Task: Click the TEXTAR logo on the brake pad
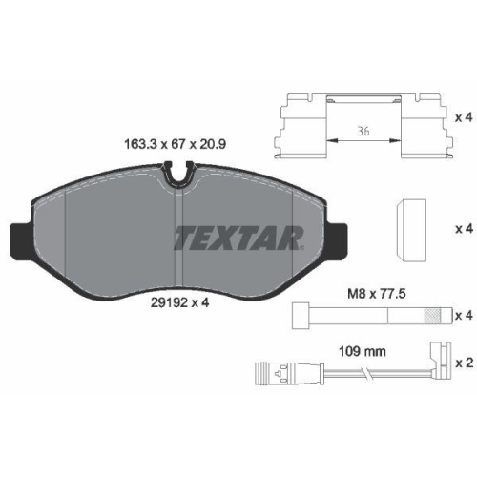pyautogui.click(x=239, y=238)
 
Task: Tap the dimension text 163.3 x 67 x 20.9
pyautogui.click(x=175, y=144)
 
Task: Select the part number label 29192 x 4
pyautogui.click(x=179, y=302)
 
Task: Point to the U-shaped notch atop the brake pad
pyautogui.click(x=179, y=176)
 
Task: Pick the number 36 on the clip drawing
pyautogui.click(x=363, y=131)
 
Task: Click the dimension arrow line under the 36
pyautogui.click(x=363, y=140)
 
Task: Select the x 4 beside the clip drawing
pyautogui.click(x=464, y=118)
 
